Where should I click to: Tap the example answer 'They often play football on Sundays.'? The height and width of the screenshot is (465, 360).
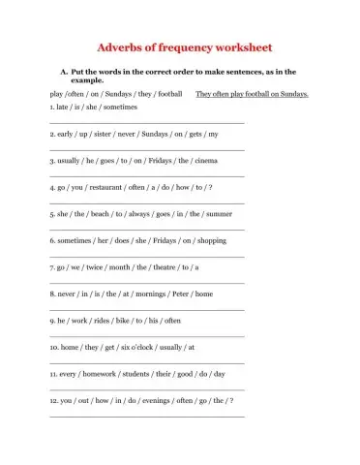point(252,94)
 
